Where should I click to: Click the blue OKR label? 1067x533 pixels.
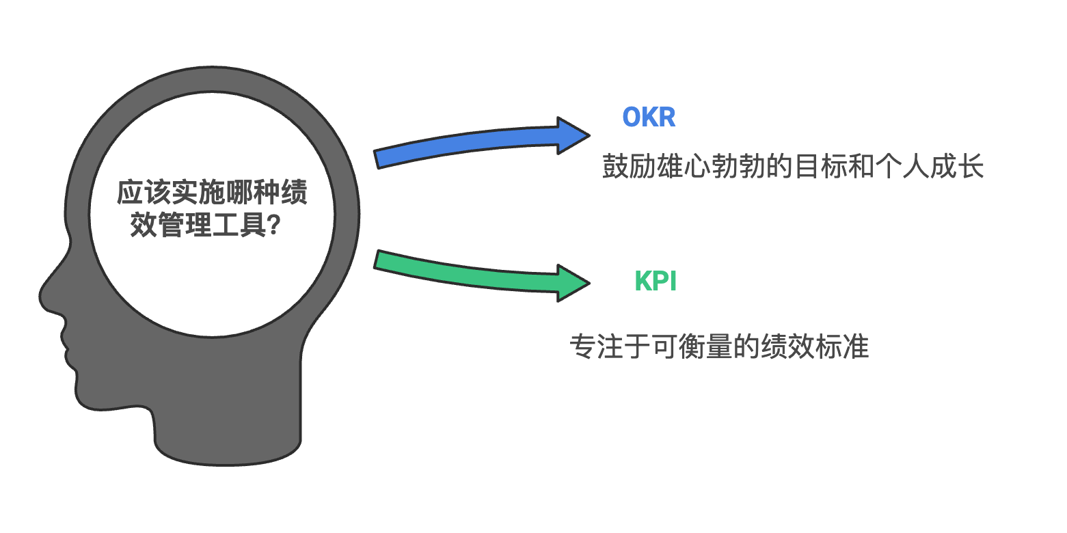coord(649,117)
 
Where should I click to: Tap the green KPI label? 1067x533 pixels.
coord(656,281)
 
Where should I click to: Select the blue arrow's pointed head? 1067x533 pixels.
coord(590,135)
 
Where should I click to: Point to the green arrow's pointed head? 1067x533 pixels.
coord(590,283)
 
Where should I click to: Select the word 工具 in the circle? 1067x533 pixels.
coord(239,225)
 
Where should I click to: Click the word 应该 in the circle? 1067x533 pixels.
coord(144,193)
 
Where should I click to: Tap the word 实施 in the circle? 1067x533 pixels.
coord(198,193)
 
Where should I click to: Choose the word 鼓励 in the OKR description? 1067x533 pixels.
coord(630,167)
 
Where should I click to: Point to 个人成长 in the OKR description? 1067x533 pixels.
coord(930,167)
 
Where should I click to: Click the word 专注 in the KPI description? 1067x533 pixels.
coord(597,346)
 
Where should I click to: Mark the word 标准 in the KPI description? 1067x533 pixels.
coord(842,346)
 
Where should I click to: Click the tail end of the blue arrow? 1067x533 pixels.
coord(377,160)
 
